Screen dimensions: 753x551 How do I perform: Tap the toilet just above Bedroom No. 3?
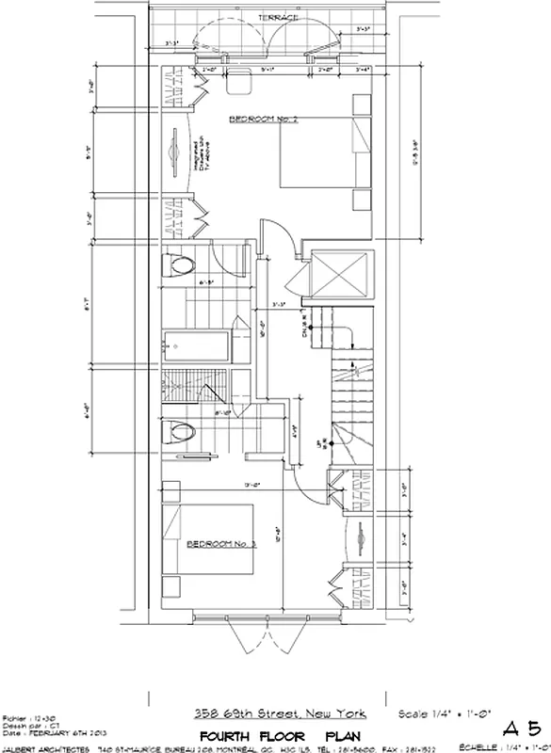pyautogui.click(x=179, y=432)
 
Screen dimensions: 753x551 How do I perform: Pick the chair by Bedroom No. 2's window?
pyautogui.click(x=237, y=79)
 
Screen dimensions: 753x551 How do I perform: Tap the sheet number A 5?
pyautogui.click(x=521, y=728)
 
